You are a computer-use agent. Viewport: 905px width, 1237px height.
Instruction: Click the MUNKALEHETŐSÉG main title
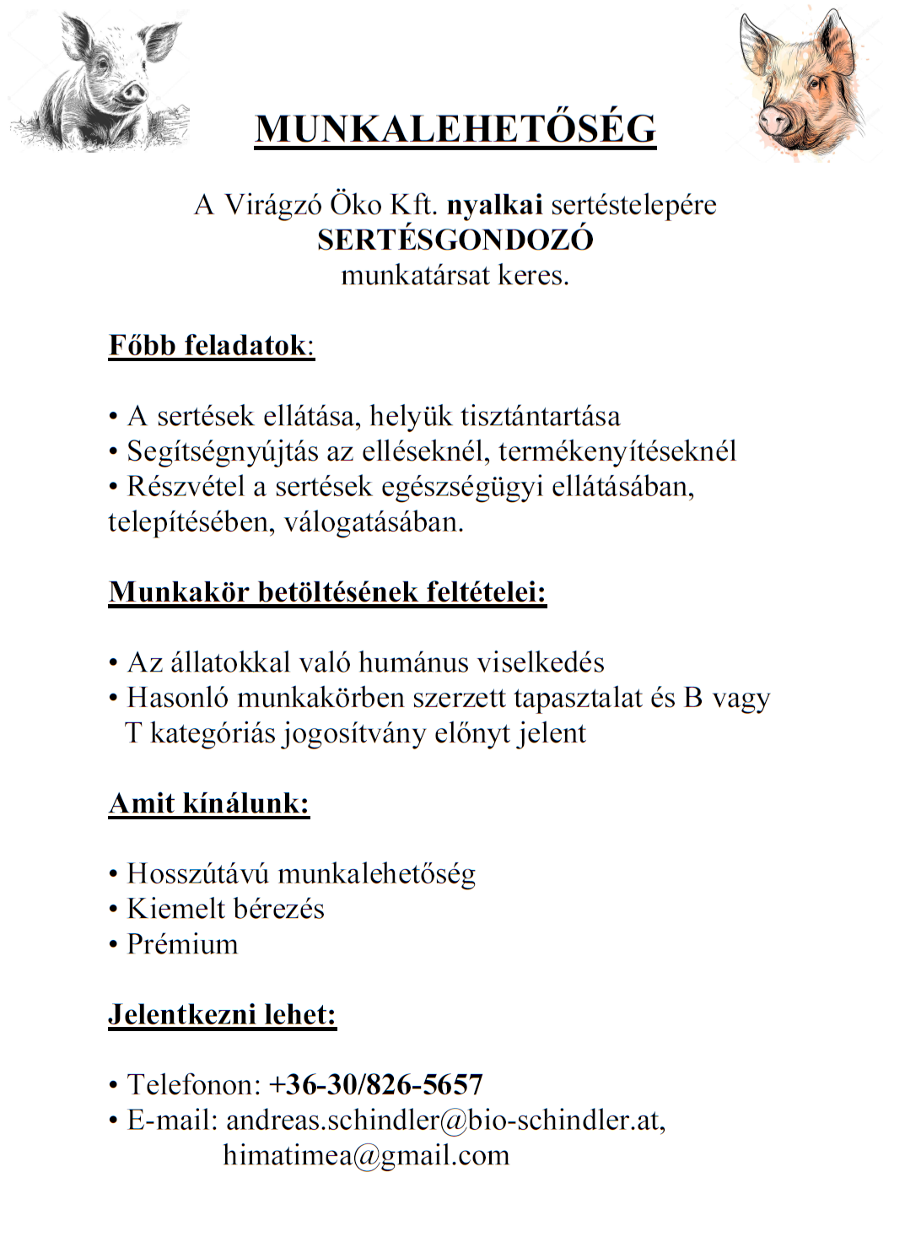pos(455,129)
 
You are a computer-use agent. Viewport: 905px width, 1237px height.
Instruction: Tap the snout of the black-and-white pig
pos(133,89)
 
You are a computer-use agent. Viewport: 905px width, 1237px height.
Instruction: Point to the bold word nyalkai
pos(494,205)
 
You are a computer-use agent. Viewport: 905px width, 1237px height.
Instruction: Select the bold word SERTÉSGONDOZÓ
pos(455,240)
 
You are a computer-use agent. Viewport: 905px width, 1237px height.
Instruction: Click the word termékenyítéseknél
pos(617,451)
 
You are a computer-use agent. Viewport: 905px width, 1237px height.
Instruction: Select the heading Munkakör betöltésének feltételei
pos(327,592)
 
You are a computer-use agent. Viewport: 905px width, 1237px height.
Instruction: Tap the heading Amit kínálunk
pos(208,803)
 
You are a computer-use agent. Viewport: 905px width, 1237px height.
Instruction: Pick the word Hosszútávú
pos(198,873)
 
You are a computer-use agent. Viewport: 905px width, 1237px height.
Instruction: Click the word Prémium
pos(182,944)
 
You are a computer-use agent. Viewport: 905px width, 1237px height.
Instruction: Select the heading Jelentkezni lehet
pos(222,1014)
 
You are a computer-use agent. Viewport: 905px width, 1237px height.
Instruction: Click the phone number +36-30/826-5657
pos(376,1084)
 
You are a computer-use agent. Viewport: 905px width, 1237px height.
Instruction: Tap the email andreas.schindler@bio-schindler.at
pos(442,1121)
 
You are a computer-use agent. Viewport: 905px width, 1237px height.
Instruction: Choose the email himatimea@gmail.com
pos(366,1155)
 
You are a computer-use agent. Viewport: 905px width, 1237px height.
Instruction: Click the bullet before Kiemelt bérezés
pos(113,910)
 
